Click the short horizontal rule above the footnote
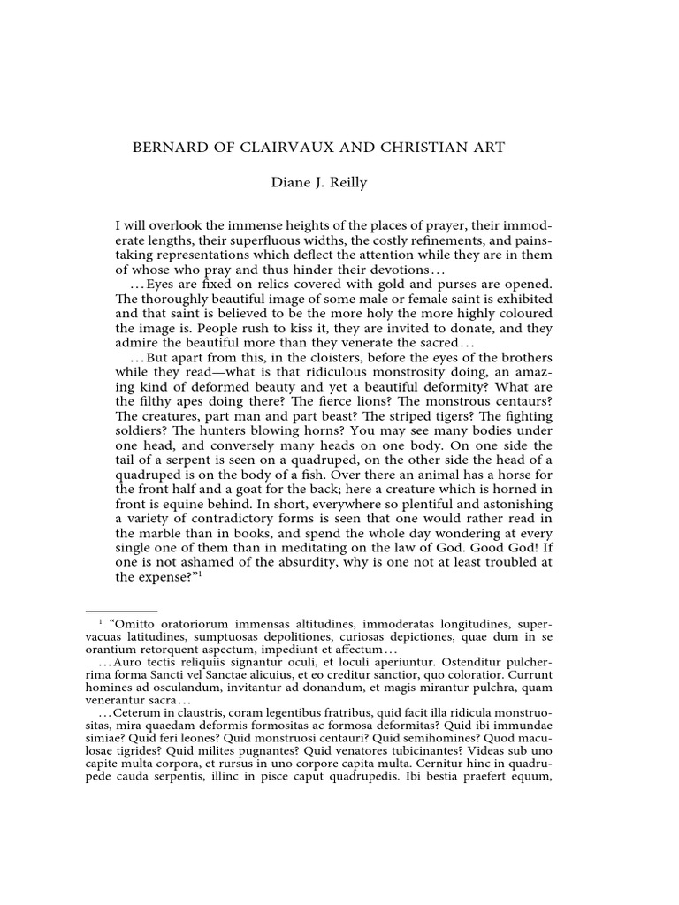click(x=121, y=610)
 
